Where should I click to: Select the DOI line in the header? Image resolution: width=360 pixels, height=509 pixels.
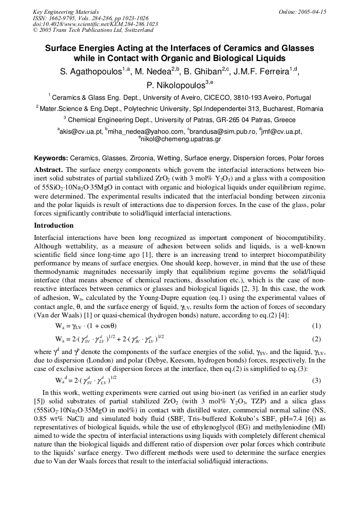(x=95, y=24)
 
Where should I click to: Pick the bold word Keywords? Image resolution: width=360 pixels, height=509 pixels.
(x=51, y=158)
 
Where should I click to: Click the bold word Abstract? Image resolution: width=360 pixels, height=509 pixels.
(x=48, y=169)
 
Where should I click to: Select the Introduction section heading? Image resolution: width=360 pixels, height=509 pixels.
(x=54, y=226)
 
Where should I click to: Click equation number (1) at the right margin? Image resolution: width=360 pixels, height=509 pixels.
(x=316, y=326)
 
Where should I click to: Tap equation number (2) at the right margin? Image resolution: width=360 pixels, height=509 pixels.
(x=316, y=339)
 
